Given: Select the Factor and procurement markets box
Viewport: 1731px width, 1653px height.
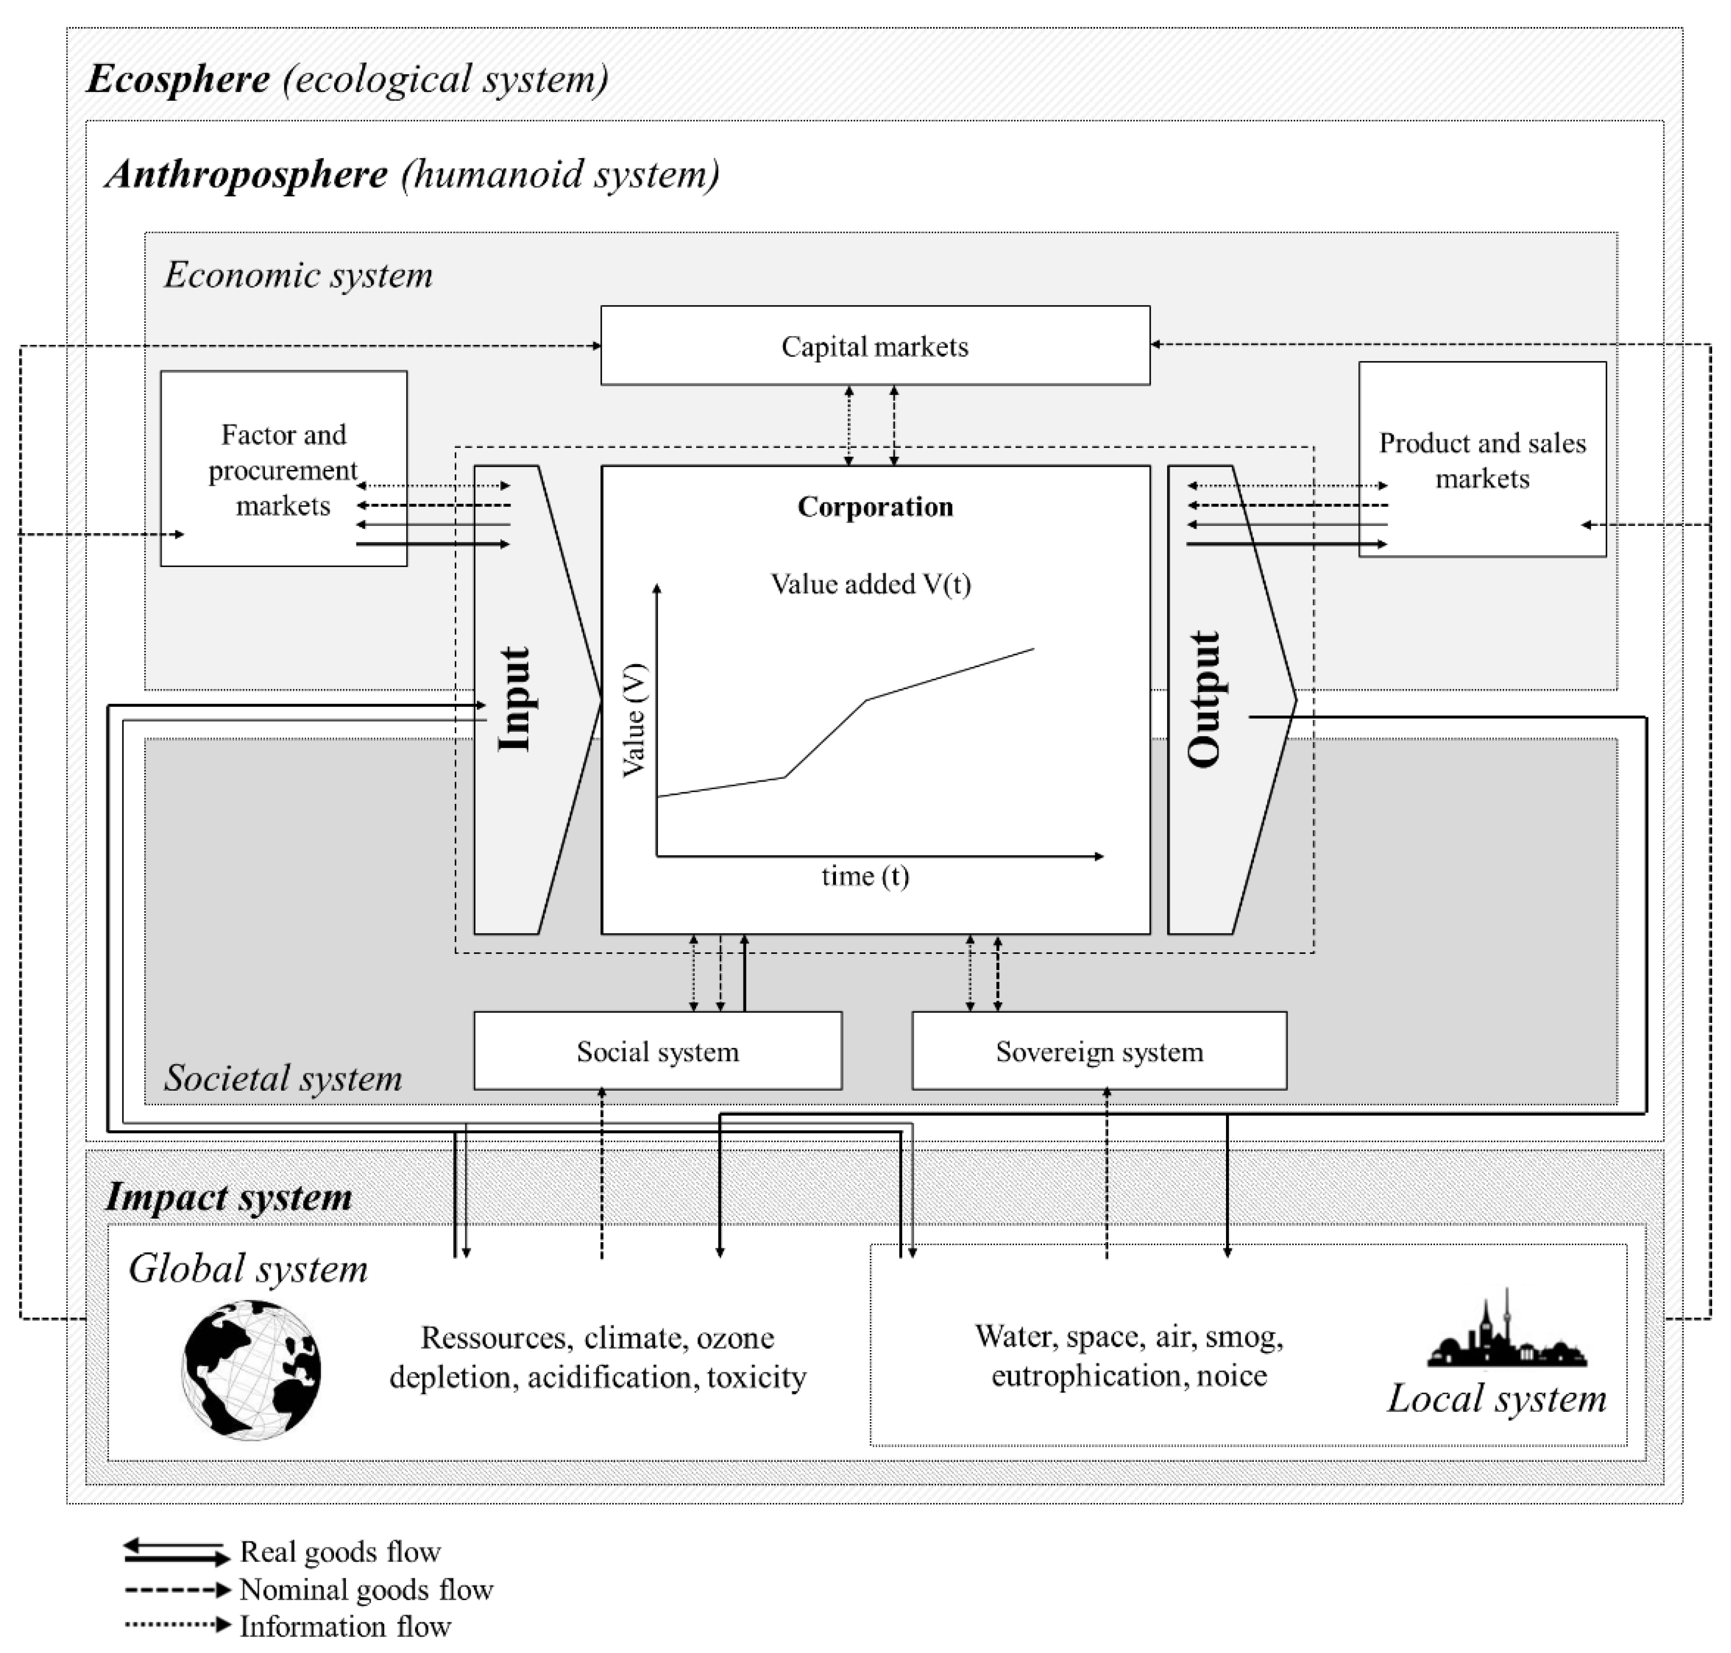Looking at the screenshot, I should point(283,469).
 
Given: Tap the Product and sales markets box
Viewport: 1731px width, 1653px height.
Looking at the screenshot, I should point(1482,460).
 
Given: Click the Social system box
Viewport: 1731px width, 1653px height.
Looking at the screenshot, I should point(658,1051).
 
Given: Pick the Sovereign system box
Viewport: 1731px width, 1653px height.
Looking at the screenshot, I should point(1099,1051).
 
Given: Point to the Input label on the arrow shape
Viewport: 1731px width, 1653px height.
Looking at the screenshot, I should point(515,699).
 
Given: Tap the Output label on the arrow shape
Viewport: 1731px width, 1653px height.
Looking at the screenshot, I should point(1204,699).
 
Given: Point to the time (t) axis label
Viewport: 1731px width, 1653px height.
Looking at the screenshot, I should point(864,876).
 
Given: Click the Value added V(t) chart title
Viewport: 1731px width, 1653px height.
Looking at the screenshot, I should point(871,584).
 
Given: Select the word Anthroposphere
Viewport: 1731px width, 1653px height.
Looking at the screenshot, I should point(247,173).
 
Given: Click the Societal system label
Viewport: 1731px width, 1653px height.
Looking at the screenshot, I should point(283,1077).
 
